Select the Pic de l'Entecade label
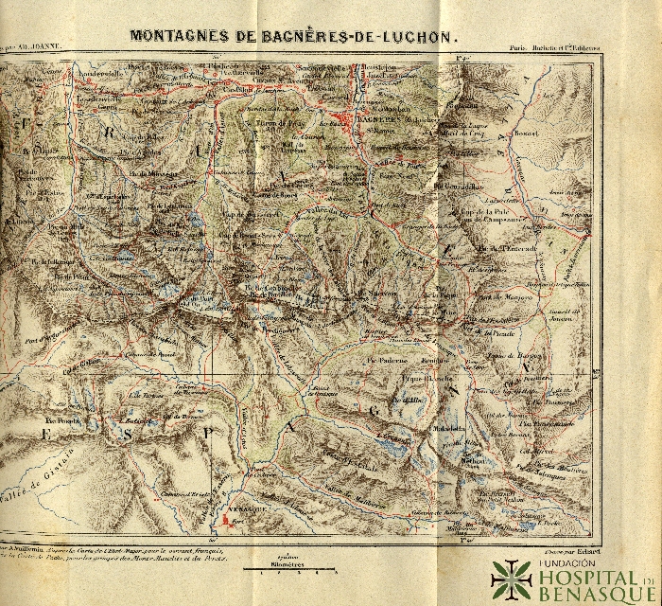[x=506, y=248]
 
